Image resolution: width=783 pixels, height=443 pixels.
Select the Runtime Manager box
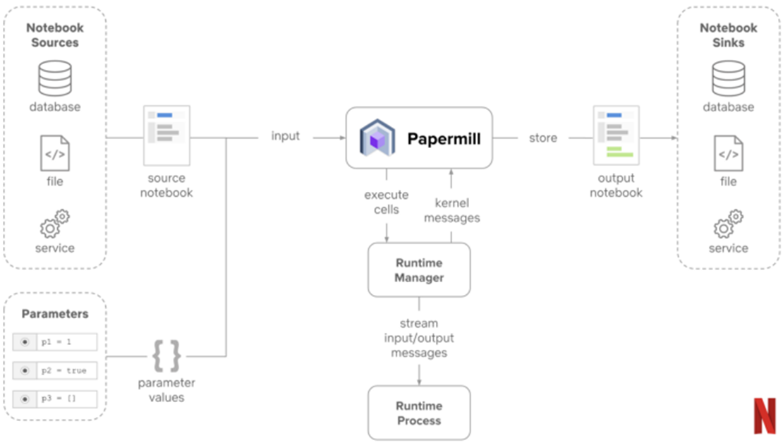pyautogui.click(x=419, y=270)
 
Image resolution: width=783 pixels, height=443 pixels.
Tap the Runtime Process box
pyautogui.click(x=419, y=413)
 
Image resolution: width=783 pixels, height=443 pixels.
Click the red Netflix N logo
pyautogui.click(x=764, y=415)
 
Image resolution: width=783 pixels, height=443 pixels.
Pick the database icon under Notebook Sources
pyautogui.click(x=55, y=78)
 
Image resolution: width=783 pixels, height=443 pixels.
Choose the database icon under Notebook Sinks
pyautogui.click(x=728, y=78)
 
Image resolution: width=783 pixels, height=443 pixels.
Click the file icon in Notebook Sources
pyautogui.click(x=55, y=152)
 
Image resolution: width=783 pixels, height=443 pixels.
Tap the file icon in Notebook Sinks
pyautogui.click(x=728, y=152)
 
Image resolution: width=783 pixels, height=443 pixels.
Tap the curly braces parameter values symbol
pyautogui.click(x=166, y=356)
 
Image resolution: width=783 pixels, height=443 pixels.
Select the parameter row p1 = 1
pyautogui.click(x=55, y=342)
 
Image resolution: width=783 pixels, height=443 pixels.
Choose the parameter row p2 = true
pyautogui.click(x=55, y=370)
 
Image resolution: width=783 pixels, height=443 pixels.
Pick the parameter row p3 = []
pyautogui.click(x=55, y=399)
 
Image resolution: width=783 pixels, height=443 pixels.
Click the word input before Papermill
pyautogui.click(x=286, y=136)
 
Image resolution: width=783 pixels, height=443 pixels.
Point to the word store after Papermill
pyautogui.click(x=543, y=138)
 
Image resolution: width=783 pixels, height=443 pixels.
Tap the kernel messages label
pyautogui.click(x=452, y=210)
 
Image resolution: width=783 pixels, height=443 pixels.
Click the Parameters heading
pyautogui.click(x=55, y=314)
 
